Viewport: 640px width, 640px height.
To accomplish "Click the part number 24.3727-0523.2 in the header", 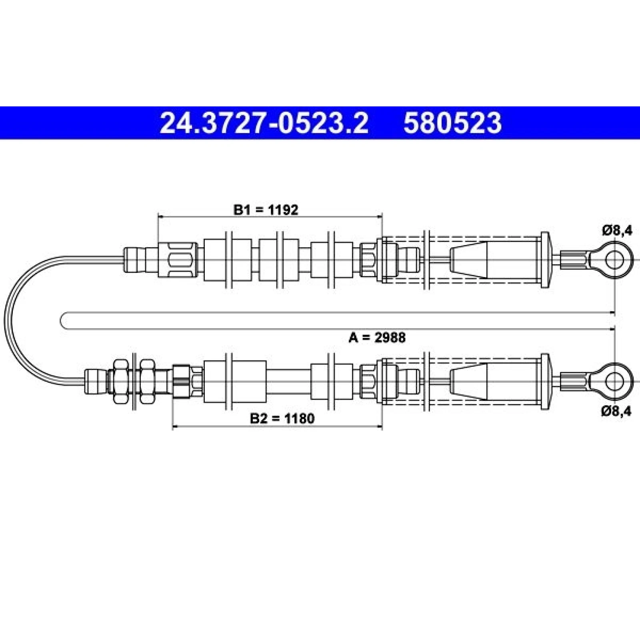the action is pos(264,123).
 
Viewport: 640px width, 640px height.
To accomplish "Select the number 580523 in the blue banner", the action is pos(452,123).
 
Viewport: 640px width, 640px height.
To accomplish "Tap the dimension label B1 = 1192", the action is pos(266,210).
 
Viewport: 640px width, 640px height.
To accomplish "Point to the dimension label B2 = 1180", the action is pos(282,418).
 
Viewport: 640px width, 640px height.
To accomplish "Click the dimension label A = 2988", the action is pos(377,338).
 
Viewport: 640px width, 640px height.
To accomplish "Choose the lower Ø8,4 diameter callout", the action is pos(616,411).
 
